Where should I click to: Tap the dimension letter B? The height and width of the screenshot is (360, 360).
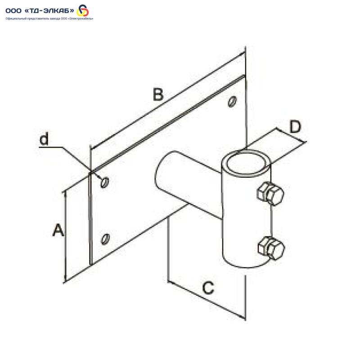click(158, 94)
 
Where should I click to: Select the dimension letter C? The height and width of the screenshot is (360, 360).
click(208, 288)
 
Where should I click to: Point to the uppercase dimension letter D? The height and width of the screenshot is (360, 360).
click(295, 127)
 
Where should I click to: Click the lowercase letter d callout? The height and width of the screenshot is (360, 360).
click(44, 139)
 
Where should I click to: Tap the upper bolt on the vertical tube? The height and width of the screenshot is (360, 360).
click(270, 193)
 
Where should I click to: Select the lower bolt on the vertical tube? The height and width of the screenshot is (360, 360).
click(271, 248)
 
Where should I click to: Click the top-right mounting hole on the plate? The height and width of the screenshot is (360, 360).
click(232, 102)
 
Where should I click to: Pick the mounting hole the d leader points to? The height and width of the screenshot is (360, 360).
click(105, 182)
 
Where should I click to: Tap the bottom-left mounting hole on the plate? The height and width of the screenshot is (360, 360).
click(105, 239)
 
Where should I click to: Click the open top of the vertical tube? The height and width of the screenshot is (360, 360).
click(247, 162)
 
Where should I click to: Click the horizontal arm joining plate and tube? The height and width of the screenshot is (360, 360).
click(188, 184)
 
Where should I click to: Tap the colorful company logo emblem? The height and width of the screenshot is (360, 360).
click(83, 10)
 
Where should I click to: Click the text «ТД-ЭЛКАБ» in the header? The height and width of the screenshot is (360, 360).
click(49, 10)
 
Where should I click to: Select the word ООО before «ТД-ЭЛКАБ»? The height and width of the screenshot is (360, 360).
click(13, 11)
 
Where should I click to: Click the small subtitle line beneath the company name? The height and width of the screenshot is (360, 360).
click(49, 18)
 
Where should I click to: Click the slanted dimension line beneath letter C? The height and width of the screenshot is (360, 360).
click(207, 300)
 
